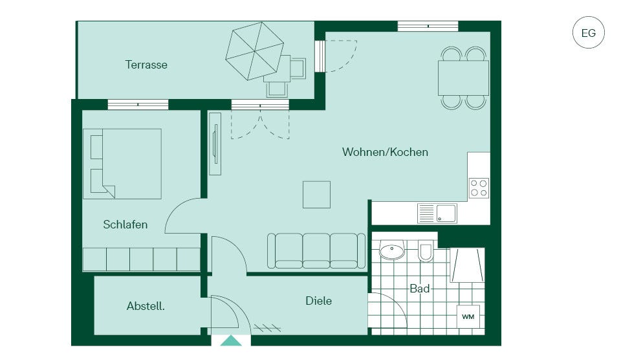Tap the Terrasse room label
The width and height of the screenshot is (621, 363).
pos(146,65)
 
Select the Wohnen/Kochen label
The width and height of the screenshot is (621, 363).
pos(385,152)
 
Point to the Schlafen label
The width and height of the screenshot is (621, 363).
pos(125,225)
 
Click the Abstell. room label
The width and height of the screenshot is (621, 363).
pos(146,306)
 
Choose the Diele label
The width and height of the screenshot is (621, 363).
pos(318,301)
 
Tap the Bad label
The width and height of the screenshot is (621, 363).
pos(419,289)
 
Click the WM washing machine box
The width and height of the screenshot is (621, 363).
pos(468,316)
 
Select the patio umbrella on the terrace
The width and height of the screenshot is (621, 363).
pos(255,50)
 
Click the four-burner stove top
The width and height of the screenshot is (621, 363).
pos(479,188)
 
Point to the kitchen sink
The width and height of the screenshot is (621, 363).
pos(437,214)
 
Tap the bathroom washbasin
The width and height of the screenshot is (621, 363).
pos(392,250)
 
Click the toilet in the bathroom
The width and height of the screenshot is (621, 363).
pos(426,251)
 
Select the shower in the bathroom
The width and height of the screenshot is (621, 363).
pos(468,265)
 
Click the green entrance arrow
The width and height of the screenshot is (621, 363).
pos(231,341)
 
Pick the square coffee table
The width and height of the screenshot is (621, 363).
pos(316,195)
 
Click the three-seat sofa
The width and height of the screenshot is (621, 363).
pos(316,251)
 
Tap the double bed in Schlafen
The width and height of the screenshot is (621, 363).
pos(122,164)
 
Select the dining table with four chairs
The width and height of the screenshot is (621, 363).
pos(463,78)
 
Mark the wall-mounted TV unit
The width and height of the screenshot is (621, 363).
pos(215,144)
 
